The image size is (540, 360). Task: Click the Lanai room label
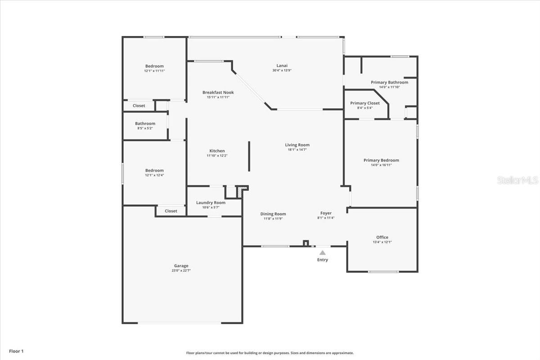click(282, 66)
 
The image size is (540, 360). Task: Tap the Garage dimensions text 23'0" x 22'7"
click(181, 270)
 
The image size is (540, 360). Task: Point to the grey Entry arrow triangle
click(323, 253)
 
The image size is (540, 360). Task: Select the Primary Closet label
click(365, 103)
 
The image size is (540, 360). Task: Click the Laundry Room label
click(211, 202)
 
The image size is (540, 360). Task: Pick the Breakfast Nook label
click(218, 92)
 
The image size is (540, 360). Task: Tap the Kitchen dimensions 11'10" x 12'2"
click(217, 156)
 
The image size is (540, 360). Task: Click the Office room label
click(382, 237)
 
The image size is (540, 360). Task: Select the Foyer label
click(326, 213)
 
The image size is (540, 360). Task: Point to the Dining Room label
click(273, 214)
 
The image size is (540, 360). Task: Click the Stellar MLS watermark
click(517, 180)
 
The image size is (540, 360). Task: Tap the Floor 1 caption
click(16, 351)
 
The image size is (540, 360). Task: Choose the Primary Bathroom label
click(389, 82)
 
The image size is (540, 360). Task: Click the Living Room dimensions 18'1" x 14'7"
click(297, 149)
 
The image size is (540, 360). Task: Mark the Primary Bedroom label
click(381, 160)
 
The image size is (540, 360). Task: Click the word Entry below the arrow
click(323, 260)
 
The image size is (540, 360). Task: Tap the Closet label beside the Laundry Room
click(171, 211)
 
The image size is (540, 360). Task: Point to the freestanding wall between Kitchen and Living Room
click(249, 156)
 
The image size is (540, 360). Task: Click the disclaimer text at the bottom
click(270, 353)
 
